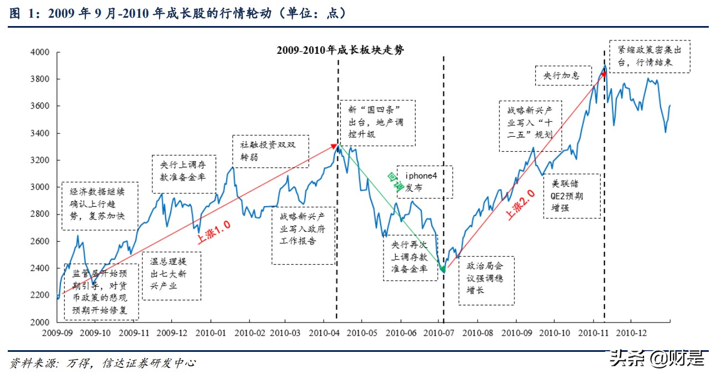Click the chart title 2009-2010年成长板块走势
(x=340, y=50)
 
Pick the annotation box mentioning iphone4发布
(x=425, y=182)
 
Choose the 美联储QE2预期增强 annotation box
(x=572, y=196)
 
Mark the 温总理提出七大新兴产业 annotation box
(x=171, y=276)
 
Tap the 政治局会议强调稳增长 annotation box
(x=485, y=280)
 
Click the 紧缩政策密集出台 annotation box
(x=649, y=56)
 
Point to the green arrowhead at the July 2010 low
(x=442, y=269)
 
